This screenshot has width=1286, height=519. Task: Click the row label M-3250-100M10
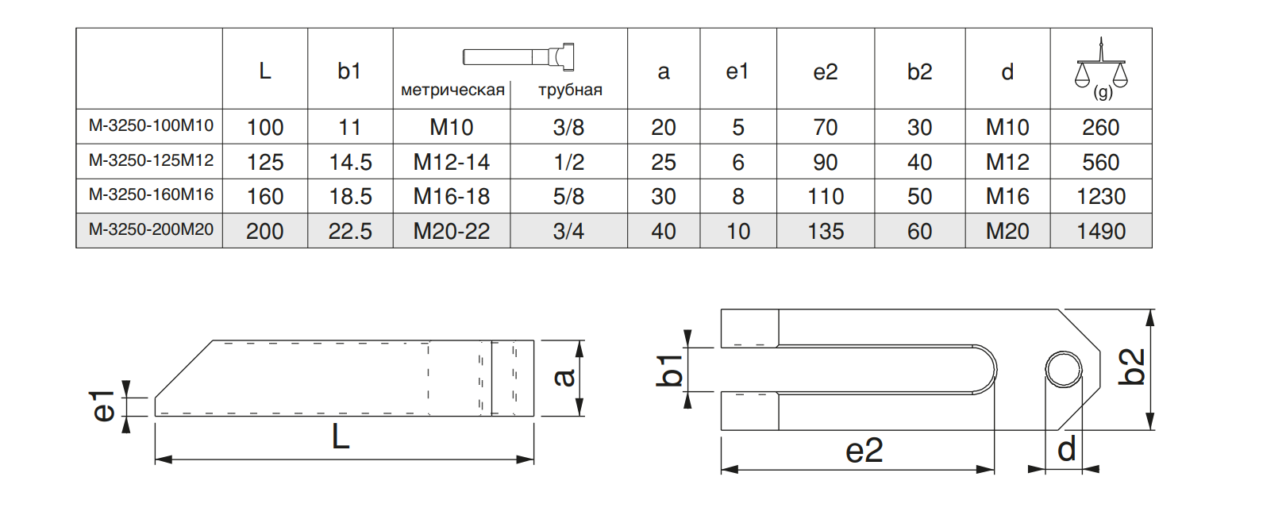coord(151,125)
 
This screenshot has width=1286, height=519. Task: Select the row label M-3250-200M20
coord(151,229)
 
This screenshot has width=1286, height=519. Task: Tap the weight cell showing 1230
coord(1100,196)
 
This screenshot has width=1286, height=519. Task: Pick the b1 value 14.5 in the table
coord(350,162)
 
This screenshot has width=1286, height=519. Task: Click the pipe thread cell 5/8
coord(568,196)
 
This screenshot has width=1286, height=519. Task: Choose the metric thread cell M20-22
coord(451,231)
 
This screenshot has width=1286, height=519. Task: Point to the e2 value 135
coord(826,231)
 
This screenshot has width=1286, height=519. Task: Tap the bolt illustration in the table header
coord(518,57)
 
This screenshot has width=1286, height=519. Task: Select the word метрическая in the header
coord(452,90)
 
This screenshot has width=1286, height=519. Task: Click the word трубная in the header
coord(570,90)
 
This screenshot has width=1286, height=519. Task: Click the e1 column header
coord(737,71)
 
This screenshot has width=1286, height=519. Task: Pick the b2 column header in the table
coord(919,71)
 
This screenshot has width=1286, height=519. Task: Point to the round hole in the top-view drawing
coord(1063,369)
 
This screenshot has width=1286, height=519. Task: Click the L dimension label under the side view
coord(341,437)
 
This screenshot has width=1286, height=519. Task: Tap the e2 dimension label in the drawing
coord(864,451)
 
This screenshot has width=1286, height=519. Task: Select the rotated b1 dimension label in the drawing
coord(669,371)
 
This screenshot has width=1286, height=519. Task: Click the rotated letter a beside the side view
coord(565,377)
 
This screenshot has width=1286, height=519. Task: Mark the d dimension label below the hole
coord(1066,449)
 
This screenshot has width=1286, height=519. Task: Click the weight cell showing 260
coord(1100,127)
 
